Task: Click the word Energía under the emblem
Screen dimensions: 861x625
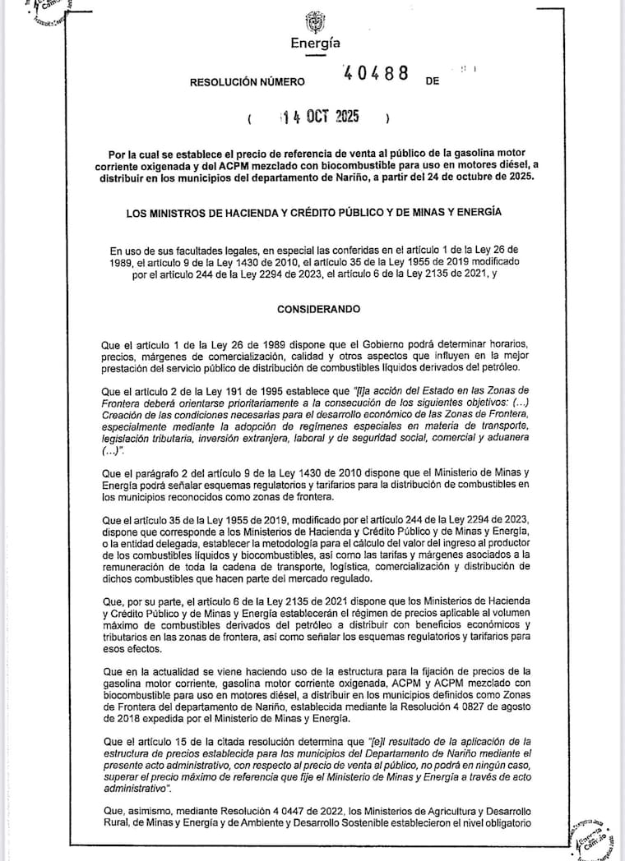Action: [x=315, y=44]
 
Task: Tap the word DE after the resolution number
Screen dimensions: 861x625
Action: [x=433, y=83]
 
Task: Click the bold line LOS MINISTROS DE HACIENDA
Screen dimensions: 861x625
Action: [x=312, y=214]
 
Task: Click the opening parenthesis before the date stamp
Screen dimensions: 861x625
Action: [x=249, y=119]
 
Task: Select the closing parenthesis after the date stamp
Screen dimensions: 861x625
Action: [x=386, y=119]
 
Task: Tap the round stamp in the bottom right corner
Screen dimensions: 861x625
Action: [x=594, y=830]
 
